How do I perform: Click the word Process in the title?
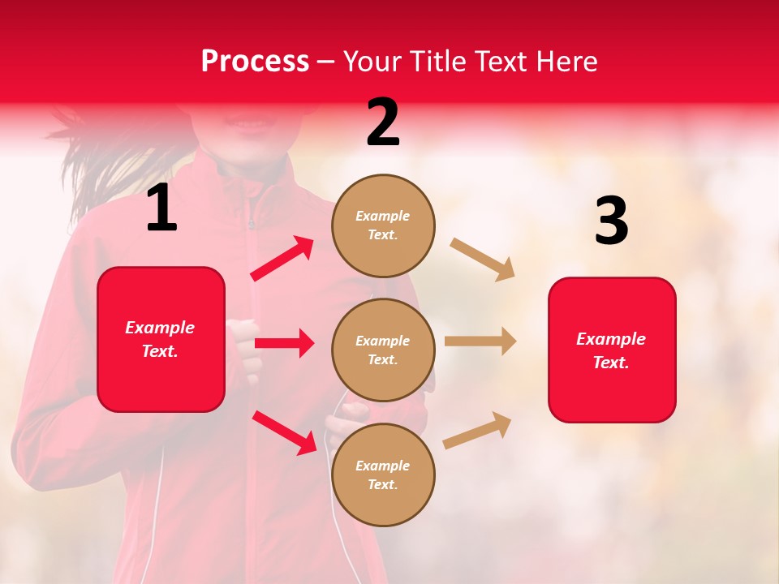pyautogui.click(x=255, y=62)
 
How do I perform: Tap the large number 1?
pyautogui.click(x=161, y=208)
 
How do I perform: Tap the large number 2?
pyautogui.click(x=383, y=122)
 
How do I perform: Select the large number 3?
pyautogui.click(x=611, y=221)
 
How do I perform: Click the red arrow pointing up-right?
pyautogui.click(x=282, y=259)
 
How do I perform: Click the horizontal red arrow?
pyautogui.click(x=284, y=343)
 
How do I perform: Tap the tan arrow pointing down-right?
pyautogui.click(x=483, y=260)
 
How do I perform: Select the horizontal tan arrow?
pyautogui.click(x=480, y=341)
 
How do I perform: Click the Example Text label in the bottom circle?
pyautogui.click(x=383, y=475)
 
